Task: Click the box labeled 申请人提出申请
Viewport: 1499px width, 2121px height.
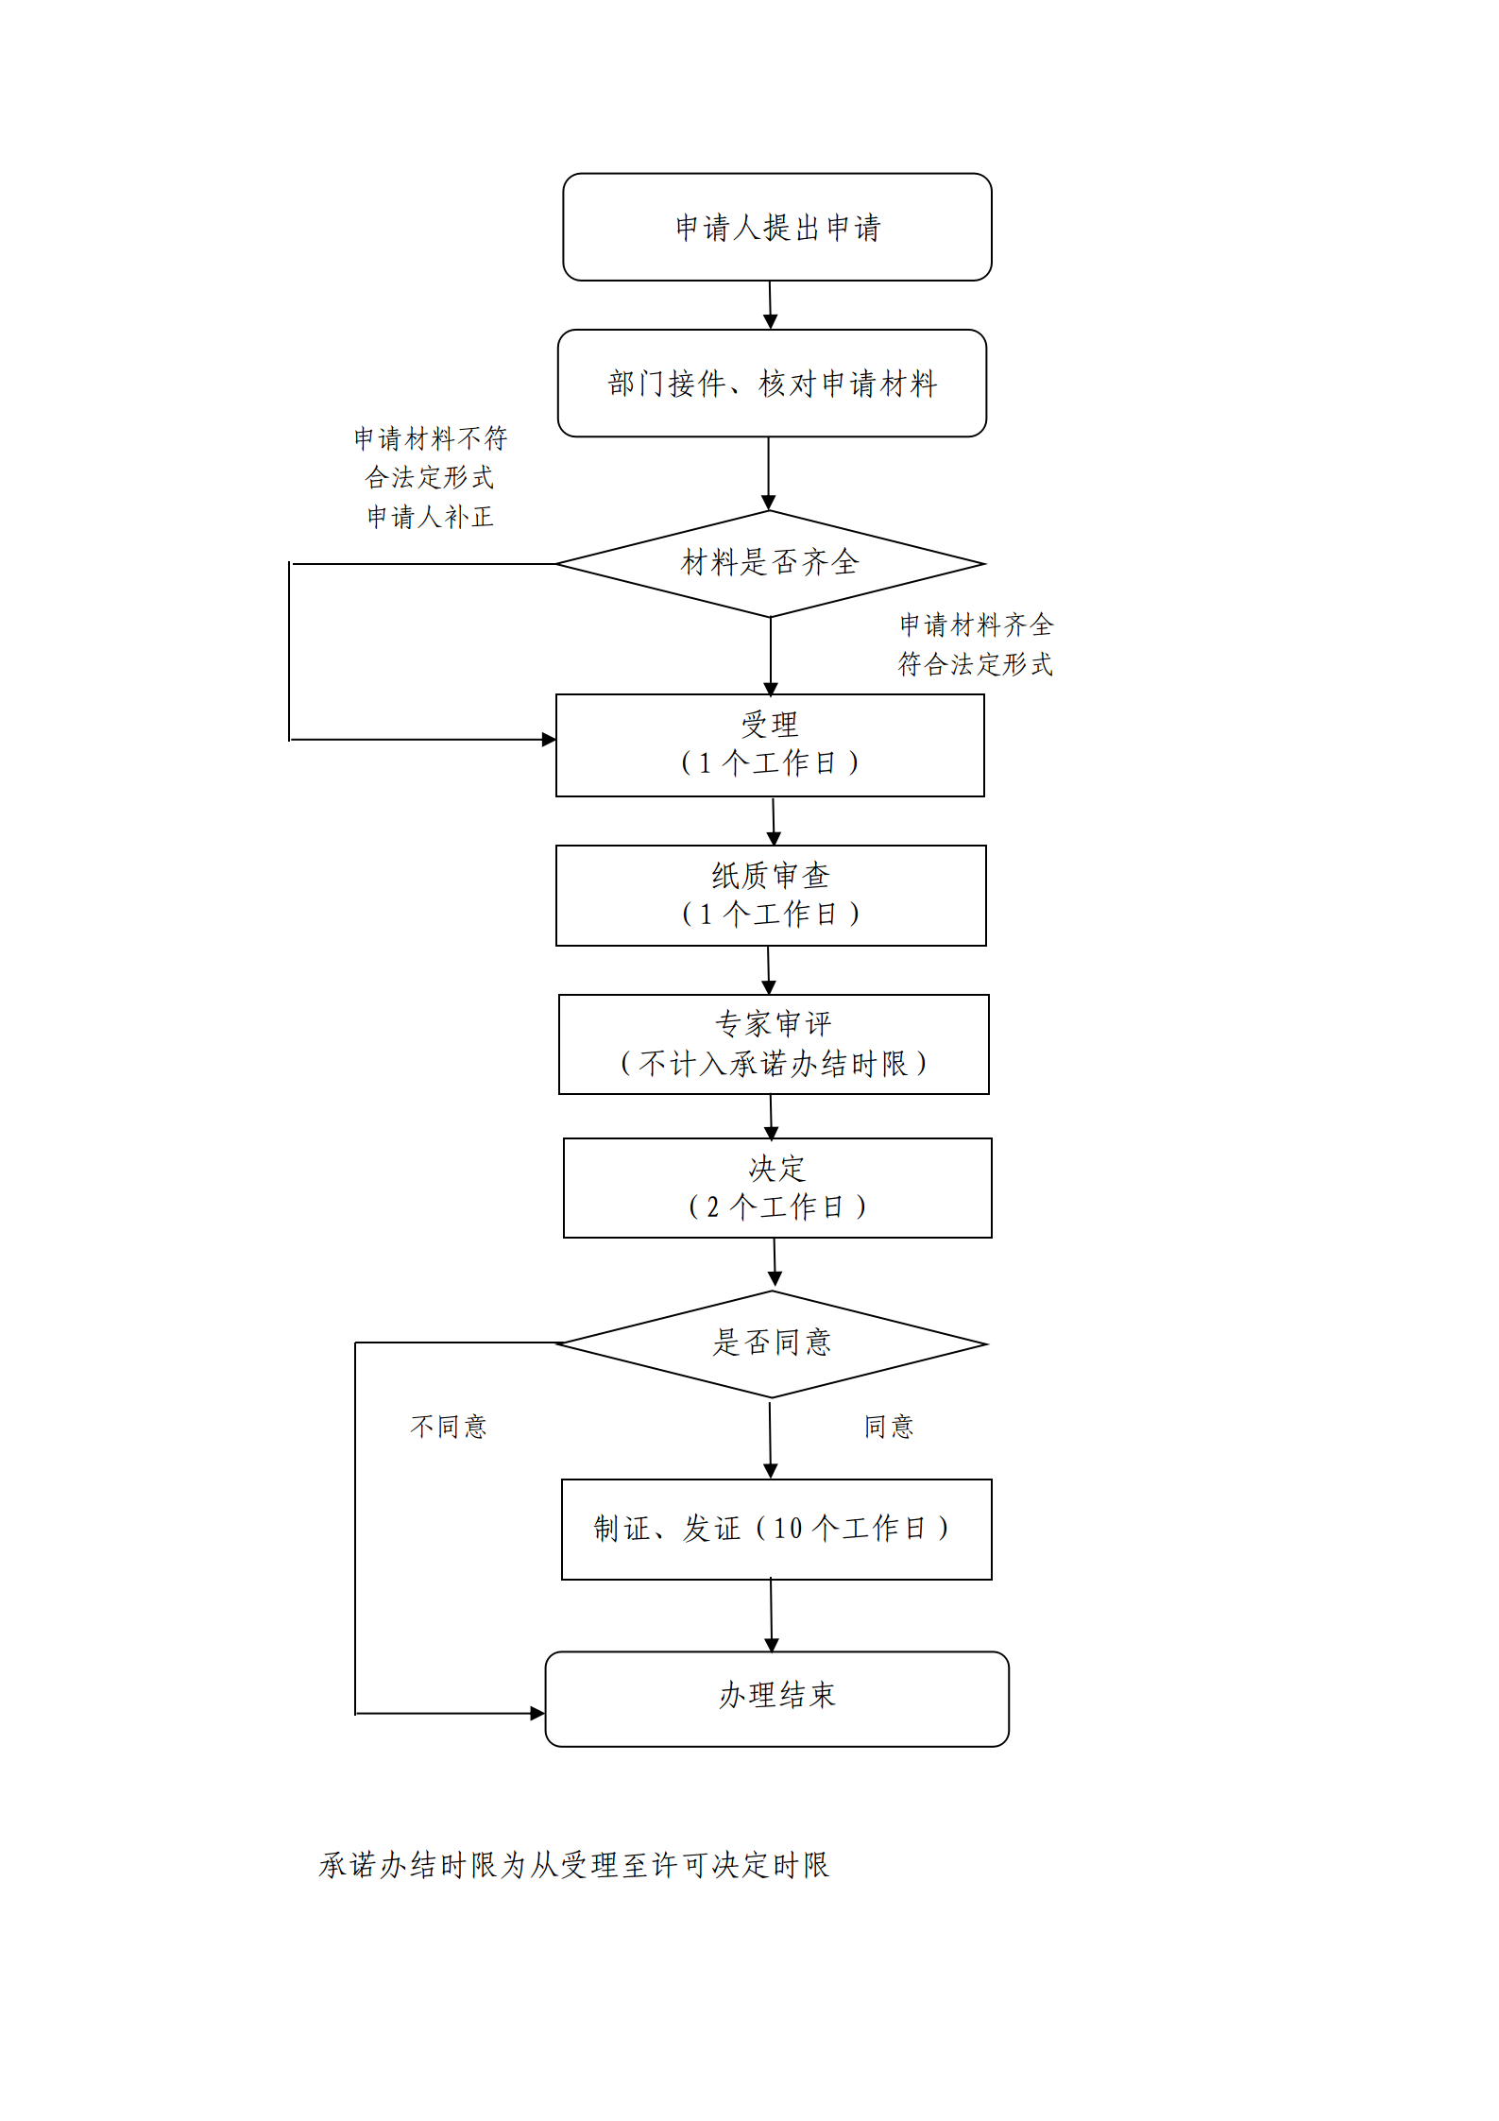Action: pyautogui.click(x=776, y=227)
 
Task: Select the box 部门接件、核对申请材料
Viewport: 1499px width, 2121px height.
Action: pyautogui.click(x=772, y=384)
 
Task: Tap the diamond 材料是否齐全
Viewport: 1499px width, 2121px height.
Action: pyautogui.click(x=770, y=563)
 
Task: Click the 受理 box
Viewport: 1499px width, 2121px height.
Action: pyautogui.click(x=770, y=744)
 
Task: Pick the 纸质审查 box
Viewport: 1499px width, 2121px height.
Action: pyautogui.click(x=770, y=895)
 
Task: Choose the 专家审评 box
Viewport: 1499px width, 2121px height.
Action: pyautogui.click(x=773, y=1044)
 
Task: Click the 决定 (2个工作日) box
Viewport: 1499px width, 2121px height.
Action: pyautogui.click(x=776, y=1188)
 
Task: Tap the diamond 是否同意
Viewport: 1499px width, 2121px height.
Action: pyautogui.click(x=772, y=1343)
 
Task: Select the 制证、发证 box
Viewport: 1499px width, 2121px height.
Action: pyautogui.click(x=775, y=1529)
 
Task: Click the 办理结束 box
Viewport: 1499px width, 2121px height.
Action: pyautogui.click(x=776, y=1698)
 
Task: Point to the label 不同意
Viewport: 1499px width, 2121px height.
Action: pyautogui.click(x=449, y=1426)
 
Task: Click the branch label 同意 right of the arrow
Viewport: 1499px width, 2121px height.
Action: pyautogui.click(x=889, y=1426)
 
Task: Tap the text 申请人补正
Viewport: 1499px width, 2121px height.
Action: pyautogui.click(x=430, y=517)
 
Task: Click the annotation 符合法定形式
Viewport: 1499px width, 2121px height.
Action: pyautogui.click(x=975, y=664)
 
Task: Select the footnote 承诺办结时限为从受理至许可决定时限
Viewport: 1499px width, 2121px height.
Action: pyautogui.click(x=573, y=1865)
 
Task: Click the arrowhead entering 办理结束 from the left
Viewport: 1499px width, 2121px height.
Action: pyautogui.click(x=537, y=1713)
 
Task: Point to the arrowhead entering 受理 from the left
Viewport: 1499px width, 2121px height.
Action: pyautogui.click(x=549, y=740)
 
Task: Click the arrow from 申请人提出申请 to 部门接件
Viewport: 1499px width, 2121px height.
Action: pyautogui.click(x=770, y=305)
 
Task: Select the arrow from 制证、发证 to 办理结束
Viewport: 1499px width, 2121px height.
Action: pyautogui.click(x=771, y=1615)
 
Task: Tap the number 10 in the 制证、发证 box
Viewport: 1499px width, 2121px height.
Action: pyautogui.click(x=787, y=1529)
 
